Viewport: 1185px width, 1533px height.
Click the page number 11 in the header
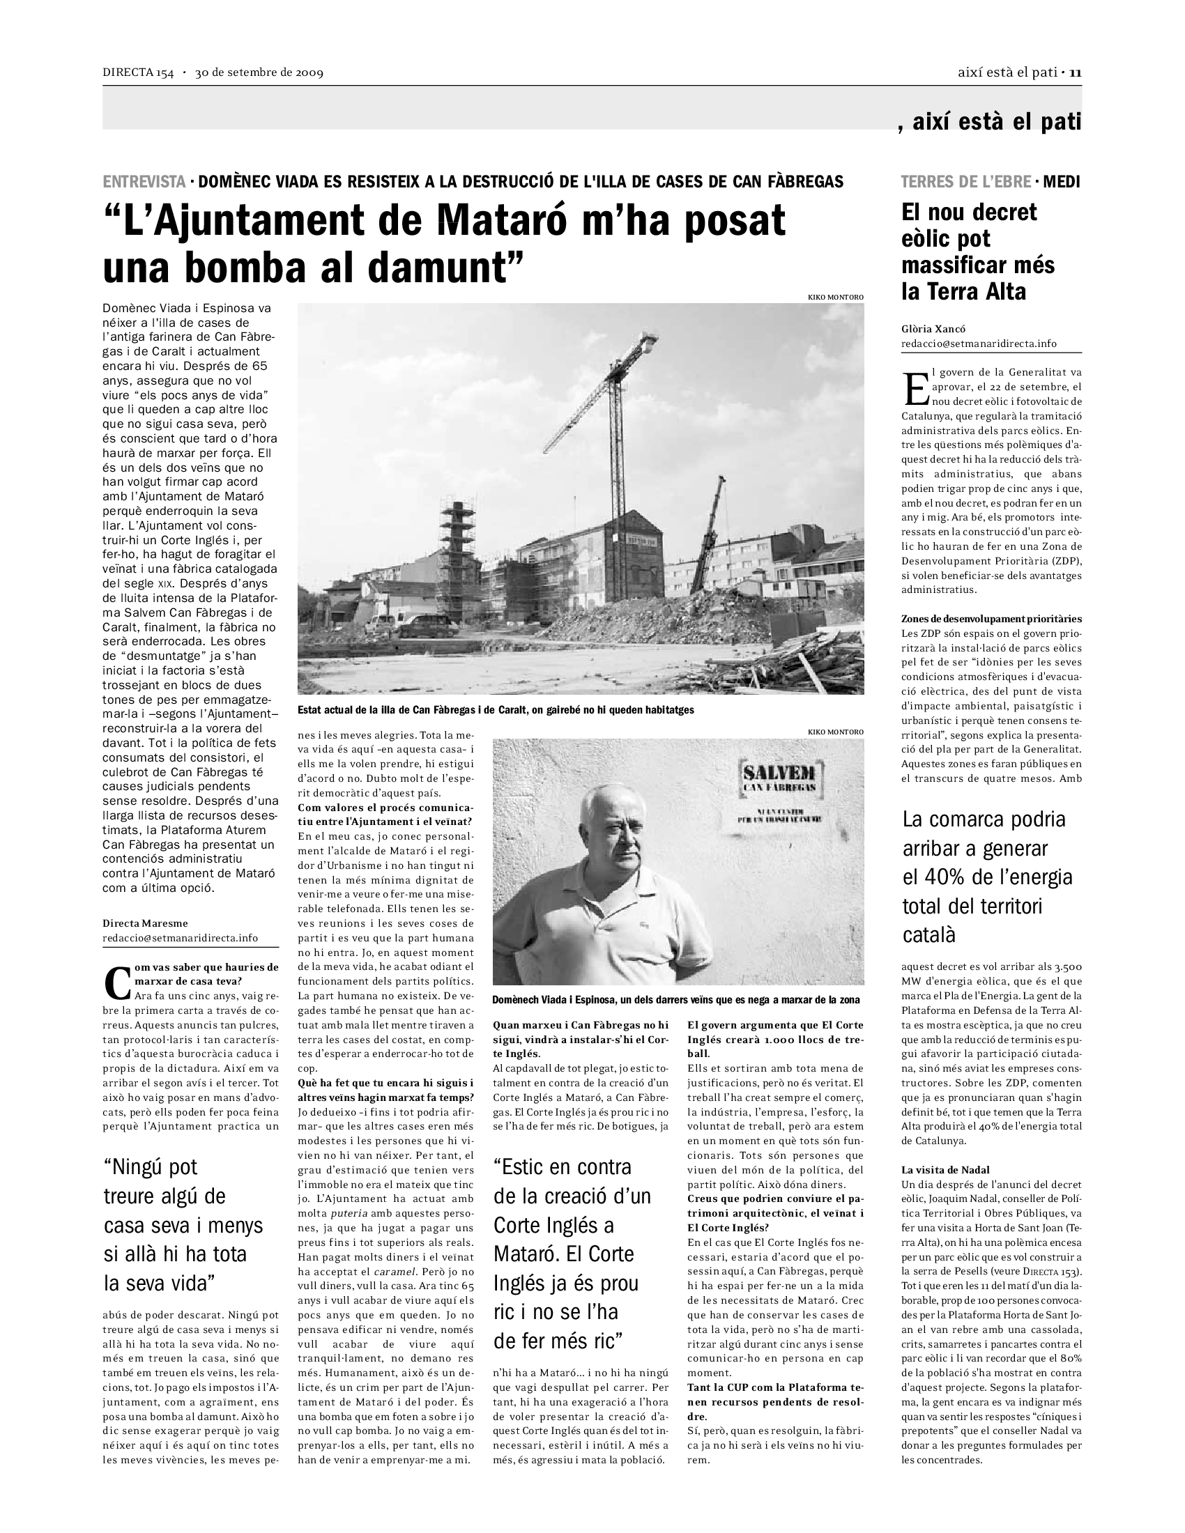1075,72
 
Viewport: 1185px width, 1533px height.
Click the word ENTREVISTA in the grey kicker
144,182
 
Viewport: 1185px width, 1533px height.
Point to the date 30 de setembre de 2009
259,72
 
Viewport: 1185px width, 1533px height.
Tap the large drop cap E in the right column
915,388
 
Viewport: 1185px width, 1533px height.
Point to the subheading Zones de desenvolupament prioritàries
991,619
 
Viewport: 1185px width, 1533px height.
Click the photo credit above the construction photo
835,298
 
